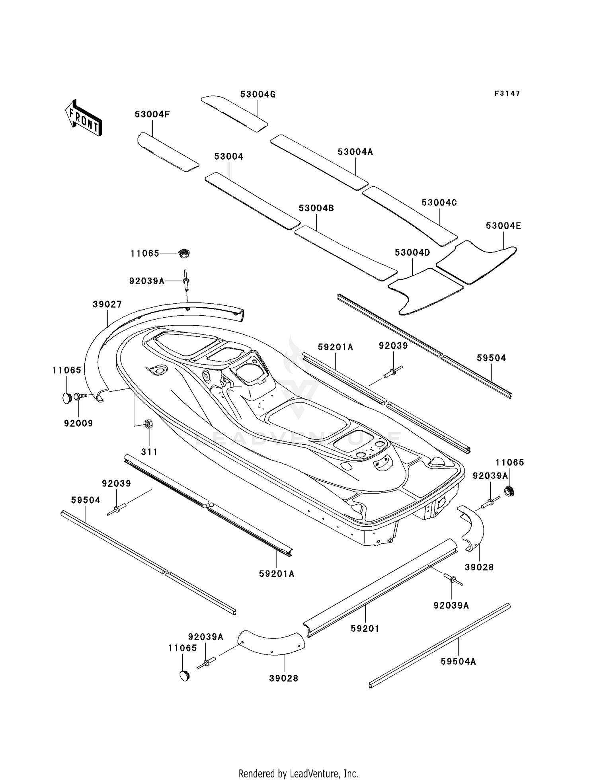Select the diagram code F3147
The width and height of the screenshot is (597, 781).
[507, 94]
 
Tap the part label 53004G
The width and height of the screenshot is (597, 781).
[258, 94]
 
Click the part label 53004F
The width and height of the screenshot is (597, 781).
[152, 114]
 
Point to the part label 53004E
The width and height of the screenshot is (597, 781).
[503, 226]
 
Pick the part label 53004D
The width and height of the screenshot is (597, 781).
[412, 252]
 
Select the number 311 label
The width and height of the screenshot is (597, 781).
[149, 452]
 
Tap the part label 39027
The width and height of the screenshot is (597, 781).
[107, 304]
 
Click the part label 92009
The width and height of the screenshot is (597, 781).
[78, 423]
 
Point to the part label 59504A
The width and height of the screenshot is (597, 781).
[458, 661]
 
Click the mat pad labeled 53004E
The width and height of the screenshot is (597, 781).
[476, 262]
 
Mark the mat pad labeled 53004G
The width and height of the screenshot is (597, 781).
[234, 113]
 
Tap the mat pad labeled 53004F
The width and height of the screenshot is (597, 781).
[168, 152]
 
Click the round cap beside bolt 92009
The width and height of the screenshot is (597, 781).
[66, 397]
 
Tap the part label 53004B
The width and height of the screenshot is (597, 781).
[316, 208]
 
